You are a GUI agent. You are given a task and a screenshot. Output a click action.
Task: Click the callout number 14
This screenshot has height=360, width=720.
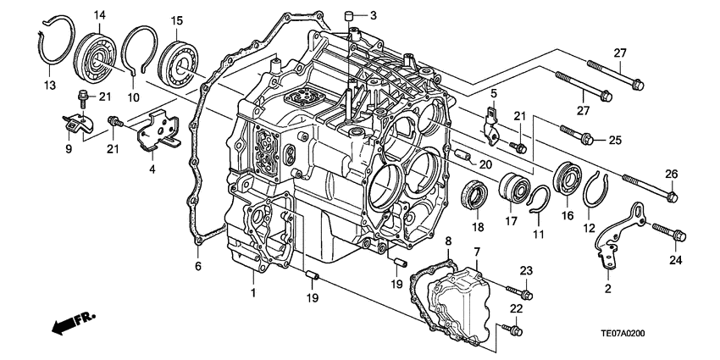point(100,14)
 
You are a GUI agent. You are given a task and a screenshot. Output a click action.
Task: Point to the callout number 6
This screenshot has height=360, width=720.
point(198,268)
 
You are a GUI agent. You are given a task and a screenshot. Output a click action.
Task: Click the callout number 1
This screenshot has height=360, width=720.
point(251,292)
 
